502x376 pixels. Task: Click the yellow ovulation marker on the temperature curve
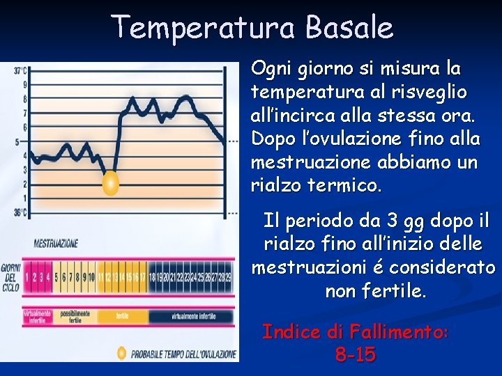click(x=110, y=184)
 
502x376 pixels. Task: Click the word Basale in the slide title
click(x=349, y=28)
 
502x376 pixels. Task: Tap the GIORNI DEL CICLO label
click(x=10, y=277)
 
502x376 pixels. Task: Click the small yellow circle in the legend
click(x=121, y=353)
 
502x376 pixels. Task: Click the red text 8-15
click(x=355, y=355)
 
